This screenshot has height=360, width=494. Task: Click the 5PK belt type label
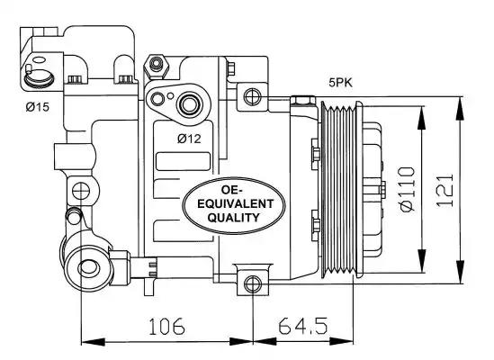point(340,83)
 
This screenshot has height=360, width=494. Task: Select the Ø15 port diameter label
point(38,107)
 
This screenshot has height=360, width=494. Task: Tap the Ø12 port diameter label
point(189,139)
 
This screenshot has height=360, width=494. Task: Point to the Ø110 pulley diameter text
point(408,189)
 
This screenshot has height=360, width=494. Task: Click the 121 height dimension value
point(445,191)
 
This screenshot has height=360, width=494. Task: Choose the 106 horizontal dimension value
point(166,326)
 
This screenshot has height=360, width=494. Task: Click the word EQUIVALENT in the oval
point(236,204)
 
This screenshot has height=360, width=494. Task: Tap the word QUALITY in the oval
point(234,218)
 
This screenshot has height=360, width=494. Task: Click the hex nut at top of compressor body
point(156,67)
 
